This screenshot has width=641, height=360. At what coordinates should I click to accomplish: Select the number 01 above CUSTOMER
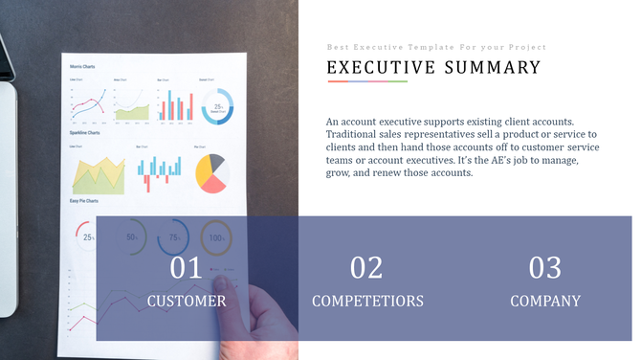point(187,268)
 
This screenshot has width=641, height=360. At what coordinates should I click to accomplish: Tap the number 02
point(366,268)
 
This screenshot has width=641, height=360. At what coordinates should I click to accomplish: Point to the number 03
point(545,268)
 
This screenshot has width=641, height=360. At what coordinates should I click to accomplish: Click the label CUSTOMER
point(187,301)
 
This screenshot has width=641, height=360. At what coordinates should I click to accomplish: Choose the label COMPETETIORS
point(367,301)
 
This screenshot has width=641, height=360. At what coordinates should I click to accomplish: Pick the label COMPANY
point(545,301)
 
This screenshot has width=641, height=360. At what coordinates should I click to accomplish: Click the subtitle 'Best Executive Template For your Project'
point(436,47)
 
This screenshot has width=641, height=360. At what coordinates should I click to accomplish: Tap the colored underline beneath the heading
point(367,81)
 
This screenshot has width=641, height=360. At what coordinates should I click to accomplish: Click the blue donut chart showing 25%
point(218,107)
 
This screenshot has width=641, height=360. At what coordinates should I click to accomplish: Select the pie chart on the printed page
point(210,172)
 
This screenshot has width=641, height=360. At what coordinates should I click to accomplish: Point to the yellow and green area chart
point(99,174)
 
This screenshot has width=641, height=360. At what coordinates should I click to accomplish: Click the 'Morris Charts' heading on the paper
point(82,66)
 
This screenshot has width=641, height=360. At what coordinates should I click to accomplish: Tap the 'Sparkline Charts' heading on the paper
point(85,133)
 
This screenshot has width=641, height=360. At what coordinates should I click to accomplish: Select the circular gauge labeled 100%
point(216,236)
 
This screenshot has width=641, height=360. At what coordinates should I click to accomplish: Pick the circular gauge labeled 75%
point(174,236)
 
